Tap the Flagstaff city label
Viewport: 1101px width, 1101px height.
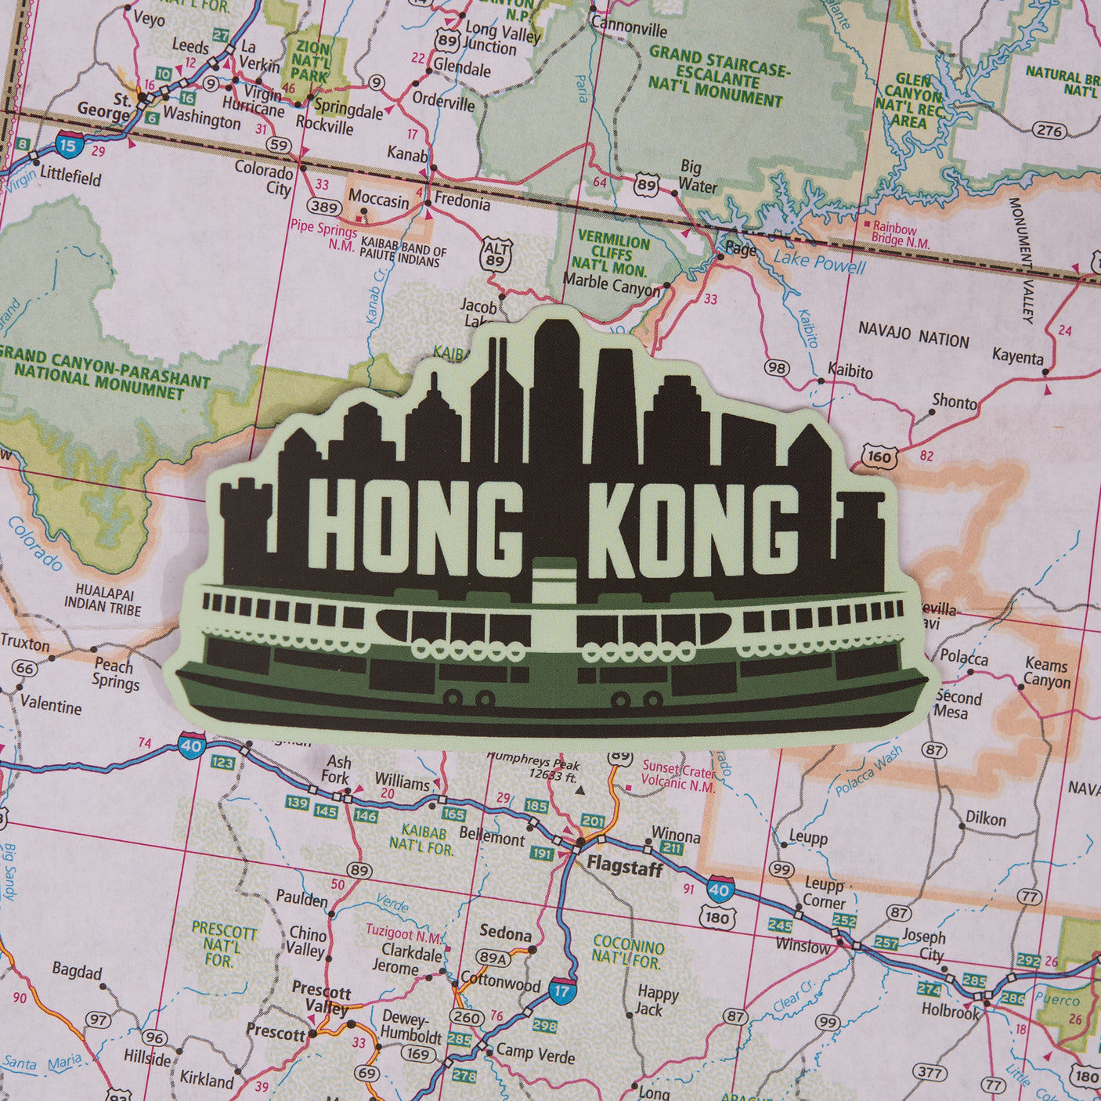pyautogui.click(x=625, y=867)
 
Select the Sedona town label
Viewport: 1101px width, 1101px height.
pyautogui.click(x=505, y=933)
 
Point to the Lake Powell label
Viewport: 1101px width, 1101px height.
pyautogui.click(x=819, y=262)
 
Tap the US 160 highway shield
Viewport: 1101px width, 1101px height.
pyautogui.click(x=879, y=456)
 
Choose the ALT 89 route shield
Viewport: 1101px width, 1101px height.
pyautogui.click(x=496, y=254)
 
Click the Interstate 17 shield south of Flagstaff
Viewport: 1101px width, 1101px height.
pyautogui.click(x=562, y=991)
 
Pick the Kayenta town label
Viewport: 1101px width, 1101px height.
pyautogui.click(x=1017, y=356)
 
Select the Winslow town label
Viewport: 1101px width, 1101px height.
pyautogui.click(x=803, y=945)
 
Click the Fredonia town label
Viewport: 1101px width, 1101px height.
pyautogui.click(x=462, y=203)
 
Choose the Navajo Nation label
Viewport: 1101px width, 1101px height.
pyautogui.click(x=913, y=334)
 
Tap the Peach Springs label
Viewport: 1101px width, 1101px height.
pyautogui.click(x=115, y=673)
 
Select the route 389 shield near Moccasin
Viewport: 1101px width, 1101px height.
pyautogui.click(x=323, y=208)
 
